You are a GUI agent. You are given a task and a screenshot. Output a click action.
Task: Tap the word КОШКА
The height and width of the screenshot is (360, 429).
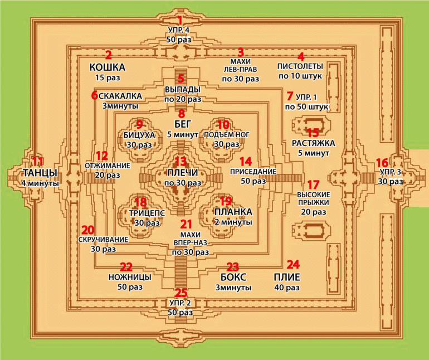(107, 67)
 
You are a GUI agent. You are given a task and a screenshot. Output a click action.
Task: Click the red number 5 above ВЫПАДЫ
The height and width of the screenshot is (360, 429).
(181, 79)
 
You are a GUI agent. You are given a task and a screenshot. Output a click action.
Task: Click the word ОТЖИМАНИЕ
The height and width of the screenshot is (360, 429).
(107, 166)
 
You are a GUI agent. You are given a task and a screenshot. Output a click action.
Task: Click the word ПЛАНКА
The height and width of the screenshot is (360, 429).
(233, 212)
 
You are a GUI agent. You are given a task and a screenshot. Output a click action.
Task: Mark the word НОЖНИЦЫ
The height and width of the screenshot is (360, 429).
(126, 276)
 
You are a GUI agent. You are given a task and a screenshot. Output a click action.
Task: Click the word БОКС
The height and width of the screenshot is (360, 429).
(233, 277)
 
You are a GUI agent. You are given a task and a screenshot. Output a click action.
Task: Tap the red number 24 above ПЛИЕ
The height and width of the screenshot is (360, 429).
(293, 264)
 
